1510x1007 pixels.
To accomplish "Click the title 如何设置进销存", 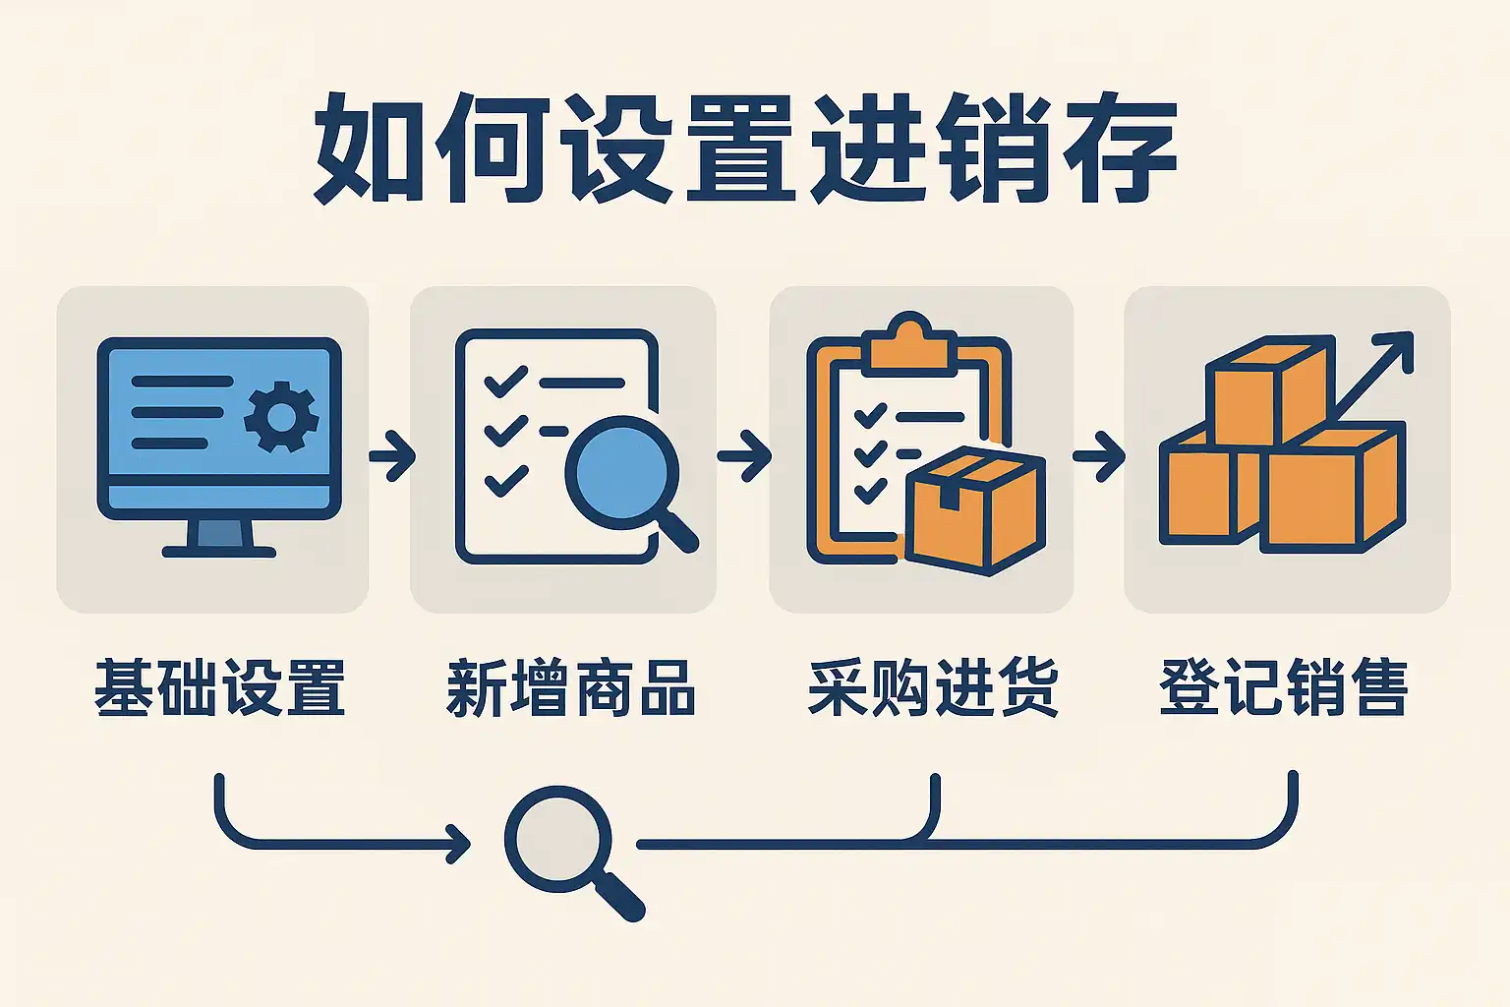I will click(744, 148).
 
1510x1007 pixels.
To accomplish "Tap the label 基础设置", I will click(220, 687).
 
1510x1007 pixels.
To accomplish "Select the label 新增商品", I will click(571, 687).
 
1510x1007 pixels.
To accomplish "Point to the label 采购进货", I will click(932, 687).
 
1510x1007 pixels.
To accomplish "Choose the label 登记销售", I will click(1284, 687).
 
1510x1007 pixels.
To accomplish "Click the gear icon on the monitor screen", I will click(281, 417).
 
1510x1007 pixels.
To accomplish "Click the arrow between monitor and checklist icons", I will click(392, 456).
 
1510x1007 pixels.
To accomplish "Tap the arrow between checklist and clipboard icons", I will click(744, 456).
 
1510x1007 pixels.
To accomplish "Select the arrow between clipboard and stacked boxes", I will click(1099, 456).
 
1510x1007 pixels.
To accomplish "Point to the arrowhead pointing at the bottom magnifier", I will click(458, 844).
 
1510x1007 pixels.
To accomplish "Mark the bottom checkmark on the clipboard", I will click(870, 489).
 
